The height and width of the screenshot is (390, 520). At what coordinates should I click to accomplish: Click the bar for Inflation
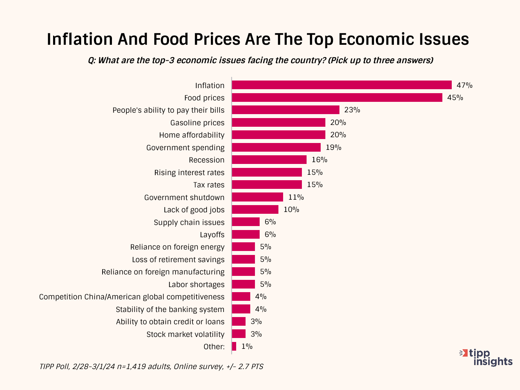342,85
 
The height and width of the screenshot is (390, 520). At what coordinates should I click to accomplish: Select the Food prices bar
337,97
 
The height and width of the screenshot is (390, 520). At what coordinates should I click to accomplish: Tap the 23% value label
352,110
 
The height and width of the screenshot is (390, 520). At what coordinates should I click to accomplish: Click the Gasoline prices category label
197,123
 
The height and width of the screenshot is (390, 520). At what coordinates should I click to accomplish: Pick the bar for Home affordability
278,135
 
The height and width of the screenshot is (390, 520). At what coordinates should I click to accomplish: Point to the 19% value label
333,147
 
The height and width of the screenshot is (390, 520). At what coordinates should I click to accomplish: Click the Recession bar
269,160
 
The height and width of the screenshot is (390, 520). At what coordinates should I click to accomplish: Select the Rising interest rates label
189,173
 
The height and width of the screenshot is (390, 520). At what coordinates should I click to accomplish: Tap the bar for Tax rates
267,185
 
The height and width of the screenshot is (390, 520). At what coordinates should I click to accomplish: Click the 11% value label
296,197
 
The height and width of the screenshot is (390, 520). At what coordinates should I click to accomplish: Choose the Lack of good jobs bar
255,209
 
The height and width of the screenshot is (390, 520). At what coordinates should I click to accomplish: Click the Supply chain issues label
189,222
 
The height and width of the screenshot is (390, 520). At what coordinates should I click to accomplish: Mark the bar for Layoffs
246,234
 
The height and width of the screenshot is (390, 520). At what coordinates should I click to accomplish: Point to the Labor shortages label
196,285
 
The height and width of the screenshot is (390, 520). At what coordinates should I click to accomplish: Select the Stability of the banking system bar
241,309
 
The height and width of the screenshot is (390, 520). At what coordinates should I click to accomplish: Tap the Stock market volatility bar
239,334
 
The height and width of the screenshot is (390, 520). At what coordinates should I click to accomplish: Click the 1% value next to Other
247,347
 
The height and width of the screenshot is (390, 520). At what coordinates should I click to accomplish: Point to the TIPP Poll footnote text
151,367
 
